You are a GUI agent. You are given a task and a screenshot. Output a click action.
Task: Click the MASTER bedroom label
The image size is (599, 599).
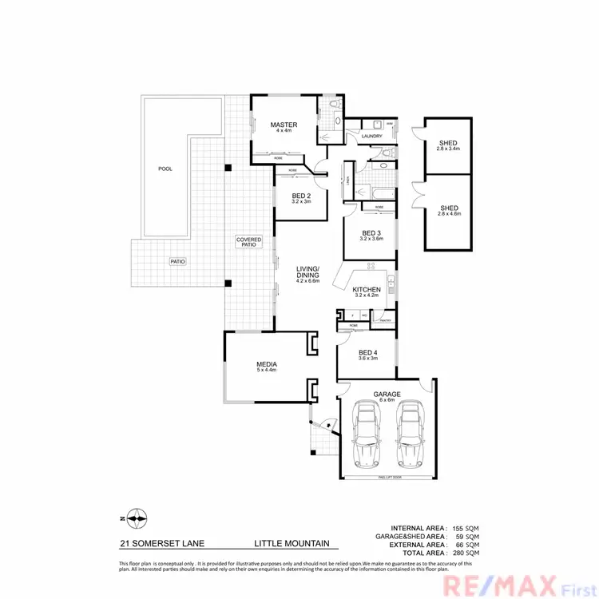tap(284, 125)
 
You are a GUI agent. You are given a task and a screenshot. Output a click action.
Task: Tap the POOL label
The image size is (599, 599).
tap(165, 169)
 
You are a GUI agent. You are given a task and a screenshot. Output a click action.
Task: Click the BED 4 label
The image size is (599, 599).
tap(367, 355)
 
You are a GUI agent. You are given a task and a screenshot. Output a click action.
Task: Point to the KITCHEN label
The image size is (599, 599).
tap(367, 291)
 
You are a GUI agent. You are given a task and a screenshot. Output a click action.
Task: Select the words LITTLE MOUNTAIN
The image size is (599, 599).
tap(292, 544)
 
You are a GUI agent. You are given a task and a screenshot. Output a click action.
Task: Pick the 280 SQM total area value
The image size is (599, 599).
tap(466, 553)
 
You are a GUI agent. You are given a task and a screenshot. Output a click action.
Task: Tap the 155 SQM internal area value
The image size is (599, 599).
tap(466, 529)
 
